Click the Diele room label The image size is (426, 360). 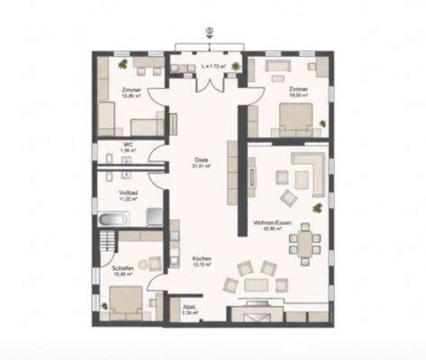pyautogui.click(x=203, y=159)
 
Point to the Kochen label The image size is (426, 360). pyautogui.click(x=203, y=258)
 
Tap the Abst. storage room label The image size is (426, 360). pyautogui.click(x=190, y=306)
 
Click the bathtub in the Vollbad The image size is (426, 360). pyautogui.click(x=114, y=220)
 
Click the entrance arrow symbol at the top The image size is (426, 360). pyautogui.click(x=209, y=30)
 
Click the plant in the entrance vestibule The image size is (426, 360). pyautogui.click(x=236, y=67)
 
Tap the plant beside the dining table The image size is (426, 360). pyautogui.click(x=316, y=210)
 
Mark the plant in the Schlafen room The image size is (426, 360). pyautogui.click(x=104, y=307)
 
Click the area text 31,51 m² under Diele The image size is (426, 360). pyautogui.click(x=203, y=166)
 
